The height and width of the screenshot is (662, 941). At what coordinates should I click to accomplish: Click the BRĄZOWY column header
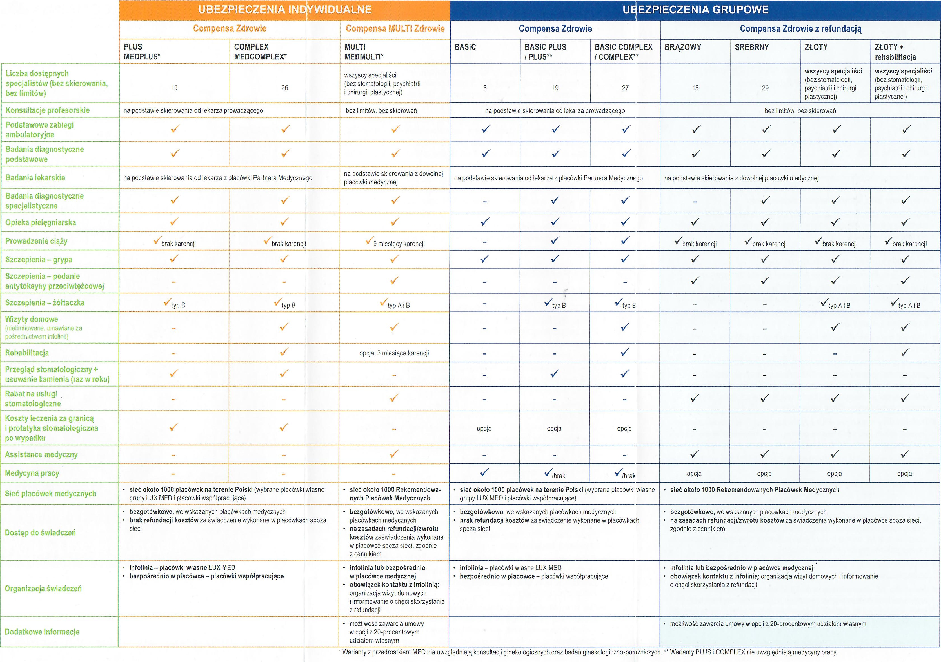683,47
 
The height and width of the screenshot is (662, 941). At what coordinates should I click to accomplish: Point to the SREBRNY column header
752,47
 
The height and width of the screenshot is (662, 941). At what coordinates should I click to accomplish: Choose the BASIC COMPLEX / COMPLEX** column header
623,52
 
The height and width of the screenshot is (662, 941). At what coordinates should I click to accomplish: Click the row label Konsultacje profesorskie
48,110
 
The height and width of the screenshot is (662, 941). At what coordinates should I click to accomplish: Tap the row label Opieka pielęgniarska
41,222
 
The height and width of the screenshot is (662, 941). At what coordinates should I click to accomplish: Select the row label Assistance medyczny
41,455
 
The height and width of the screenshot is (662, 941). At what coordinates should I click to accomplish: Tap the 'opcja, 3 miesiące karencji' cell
394,353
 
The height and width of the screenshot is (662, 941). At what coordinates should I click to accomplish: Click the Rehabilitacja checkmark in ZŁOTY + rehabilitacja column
905,352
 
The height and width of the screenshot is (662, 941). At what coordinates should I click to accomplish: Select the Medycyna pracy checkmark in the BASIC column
484,473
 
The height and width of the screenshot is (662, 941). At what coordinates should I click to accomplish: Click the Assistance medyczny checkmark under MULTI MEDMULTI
394,454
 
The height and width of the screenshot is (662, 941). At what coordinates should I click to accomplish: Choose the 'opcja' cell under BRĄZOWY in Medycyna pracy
694,474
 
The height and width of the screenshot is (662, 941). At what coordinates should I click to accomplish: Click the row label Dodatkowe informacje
42,632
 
